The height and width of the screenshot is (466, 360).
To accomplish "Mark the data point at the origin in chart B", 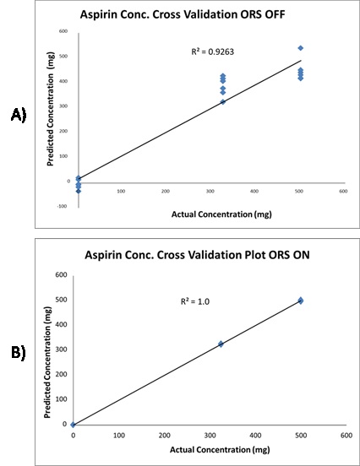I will coord(74,425).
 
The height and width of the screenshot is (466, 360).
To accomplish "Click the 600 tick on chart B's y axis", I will coord(60,274).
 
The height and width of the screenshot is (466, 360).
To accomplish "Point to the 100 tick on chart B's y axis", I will coord(60,399).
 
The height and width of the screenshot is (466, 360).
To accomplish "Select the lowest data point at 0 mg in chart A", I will coord(79,191).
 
